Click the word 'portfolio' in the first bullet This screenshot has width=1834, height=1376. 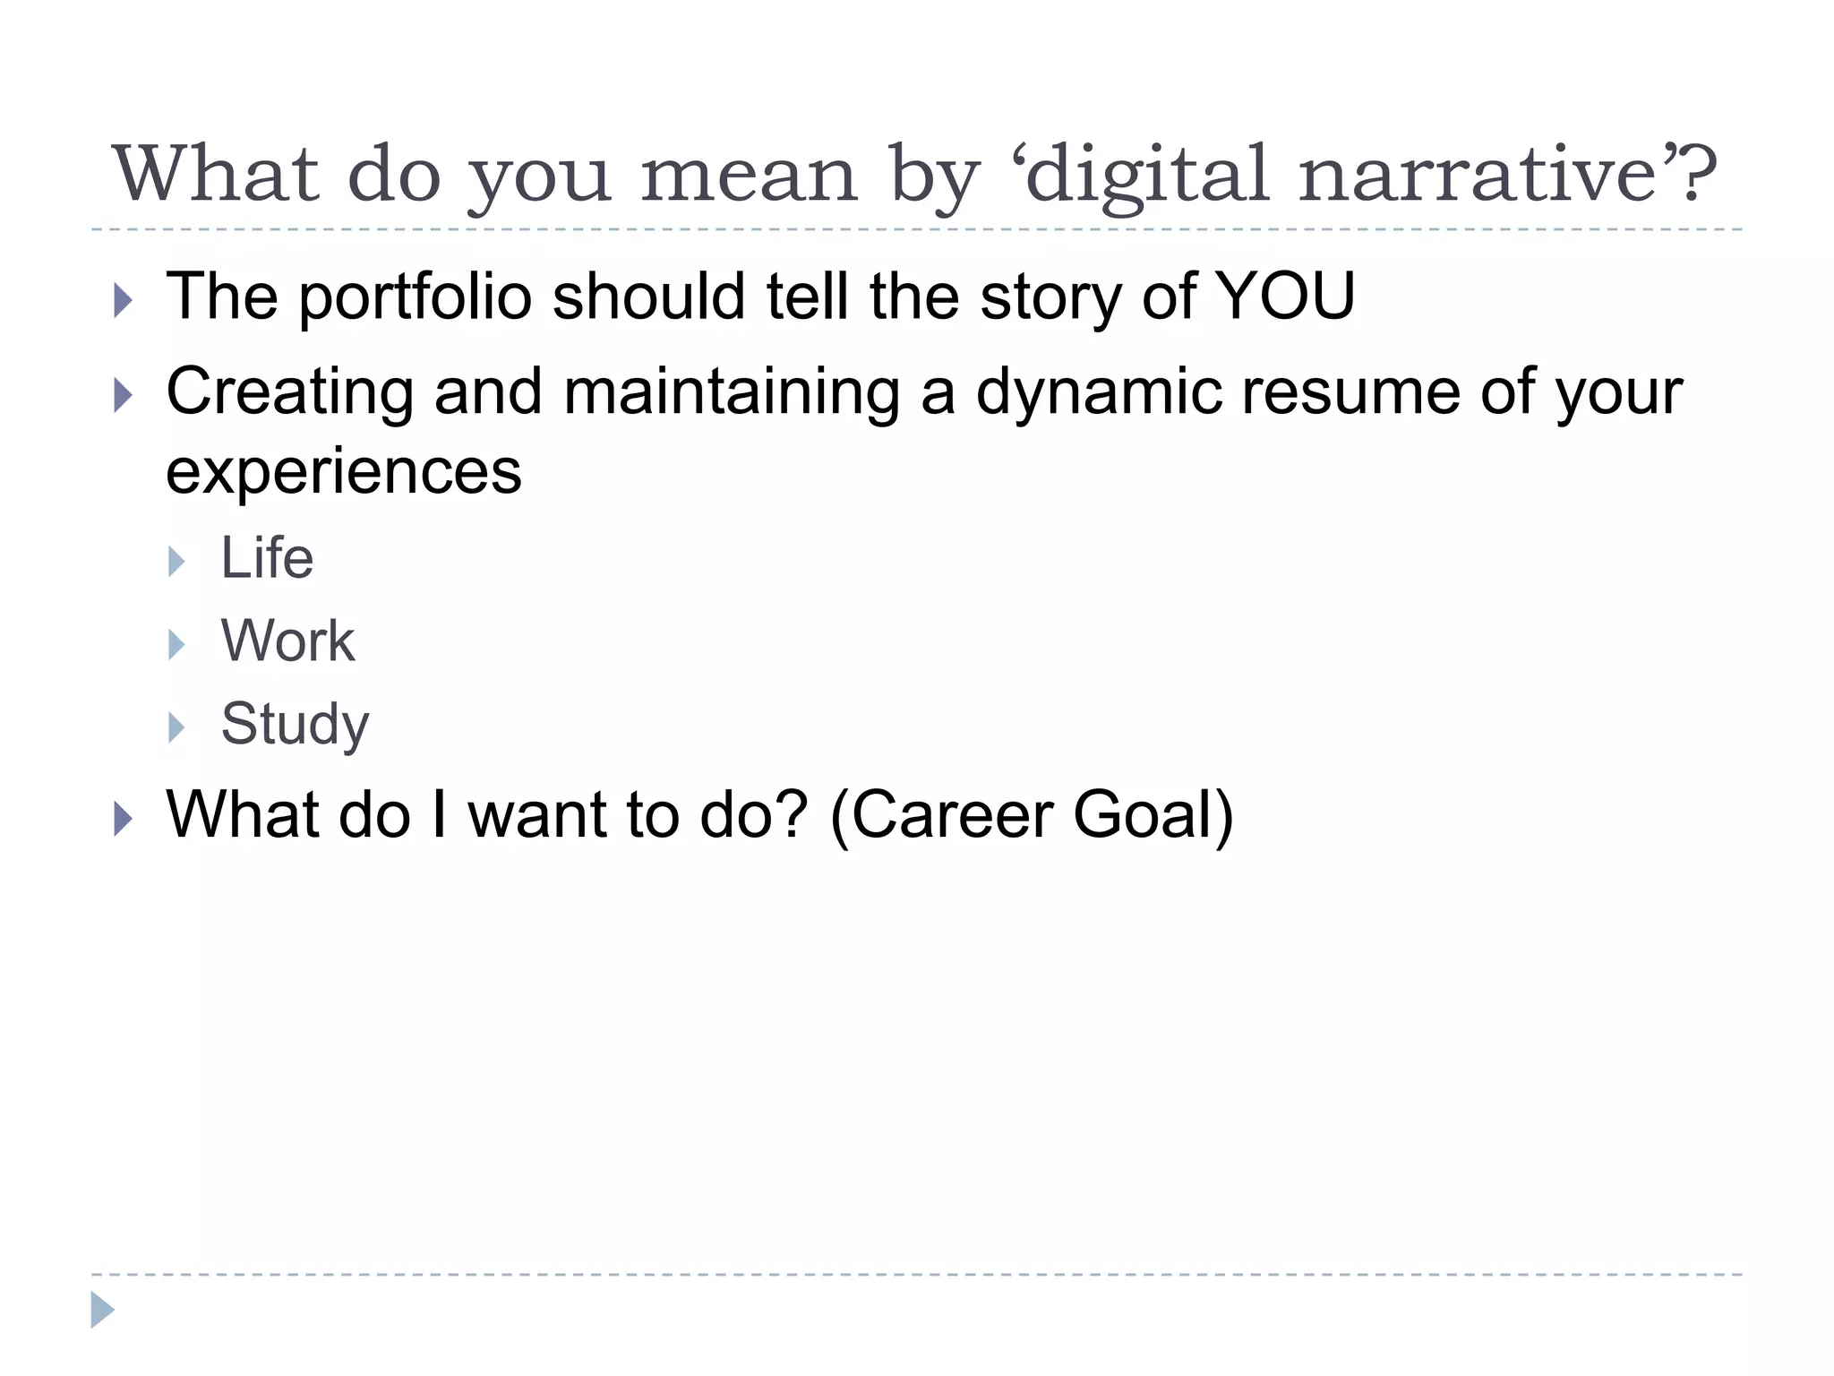pyautogui.click(x=416, y=297)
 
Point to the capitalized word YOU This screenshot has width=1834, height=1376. pyautogui.click(x=1284, y=296)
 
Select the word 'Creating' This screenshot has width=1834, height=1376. pyautogui.click(x=290, y=392)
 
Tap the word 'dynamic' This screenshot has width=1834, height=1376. pyautogui.click(x=1099, y=392)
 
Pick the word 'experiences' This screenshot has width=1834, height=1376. pyautogui.click(x=344, y=473)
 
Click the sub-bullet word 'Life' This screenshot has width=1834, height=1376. pyautogui.click(x=267, y=558)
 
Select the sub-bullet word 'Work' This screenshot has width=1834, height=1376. pyautogui.click(x=287, y=641)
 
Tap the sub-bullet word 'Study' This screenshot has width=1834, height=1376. pyautogui.click(x=295, y=724)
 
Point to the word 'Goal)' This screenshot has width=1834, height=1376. pyautogui.click(x=1153, y=815)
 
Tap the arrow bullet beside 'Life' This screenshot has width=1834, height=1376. pyautogui.click(x=176, y=562)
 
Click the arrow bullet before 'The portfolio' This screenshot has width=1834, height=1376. pyautogui.click(x=124, y=300)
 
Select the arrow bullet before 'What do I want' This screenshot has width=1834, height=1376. pyautogui.click(x=124, y=819)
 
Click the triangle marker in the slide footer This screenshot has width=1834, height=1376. pyautogui.click(x=102, y=1310)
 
